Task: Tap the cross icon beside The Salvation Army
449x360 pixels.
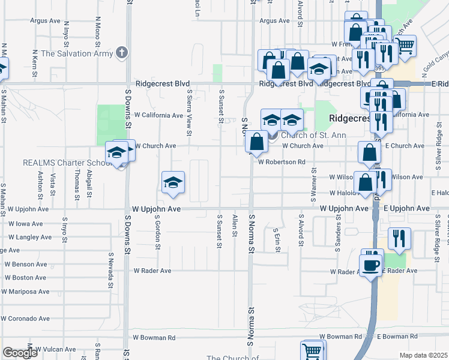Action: (122, 52)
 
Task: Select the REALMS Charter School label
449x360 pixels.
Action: (64, 163)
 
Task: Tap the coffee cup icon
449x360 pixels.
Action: (371, 265)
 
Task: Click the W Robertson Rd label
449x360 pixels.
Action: (282, 162)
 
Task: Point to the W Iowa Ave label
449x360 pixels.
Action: (25, 224)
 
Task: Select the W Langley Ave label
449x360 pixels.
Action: (30, 238)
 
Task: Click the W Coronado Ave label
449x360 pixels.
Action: (28, 319)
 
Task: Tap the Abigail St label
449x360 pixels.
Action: (89, 184)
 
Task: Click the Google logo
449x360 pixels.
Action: (20, 353)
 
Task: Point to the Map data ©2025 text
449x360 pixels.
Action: (424, 355)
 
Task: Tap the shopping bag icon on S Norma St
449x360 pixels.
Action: (256, 142)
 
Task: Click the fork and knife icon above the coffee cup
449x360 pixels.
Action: (399, 238)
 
